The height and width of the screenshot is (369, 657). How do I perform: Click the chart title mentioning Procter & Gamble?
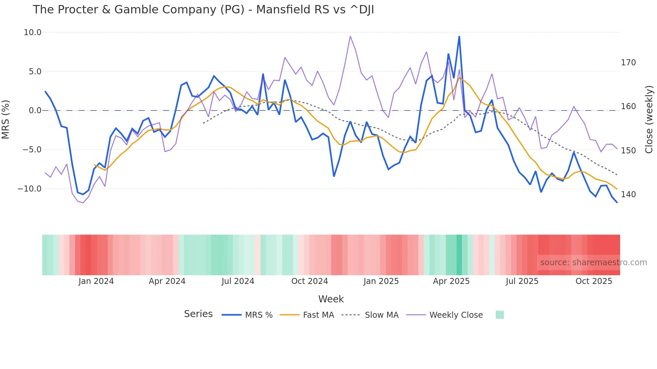[x=203, y=10]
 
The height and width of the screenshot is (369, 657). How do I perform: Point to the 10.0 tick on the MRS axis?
[x=33, y=32]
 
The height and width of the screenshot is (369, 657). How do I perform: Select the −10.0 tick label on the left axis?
[x=29, y=189]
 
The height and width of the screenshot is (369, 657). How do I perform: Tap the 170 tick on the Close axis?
[x=628, y=63]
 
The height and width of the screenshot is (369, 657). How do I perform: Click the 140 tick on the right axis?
[x=628, y=195]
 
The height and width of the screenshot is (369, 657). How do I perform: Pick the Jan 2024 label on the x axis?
[x=96, y=281]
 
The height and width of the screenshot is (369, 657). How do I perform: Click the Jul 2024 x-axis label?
[x=238, y=281]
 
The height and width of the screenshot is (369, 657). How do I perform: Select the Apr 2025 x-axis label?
[x=451, y=281]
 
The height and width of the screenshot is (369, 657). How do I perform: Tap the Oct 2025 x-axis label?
[x=594, y=281]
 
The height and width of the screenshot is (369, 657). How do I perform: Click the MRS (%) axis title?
[x=6, y=119]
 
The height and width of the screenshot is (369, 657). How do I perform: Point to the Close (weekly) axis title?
[x=649, y=119]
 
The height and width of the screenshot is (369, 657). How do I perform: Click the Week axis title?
[x=331, y=299]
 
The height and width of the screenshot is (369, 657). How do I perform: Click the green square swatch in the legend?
[x=499, y=315]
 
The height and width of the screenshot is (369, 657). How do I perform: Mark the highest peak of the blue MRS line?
[x=459, y=36]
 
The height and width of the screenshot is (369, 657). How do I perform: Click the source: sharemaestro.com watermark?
[x=593, y=263]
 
